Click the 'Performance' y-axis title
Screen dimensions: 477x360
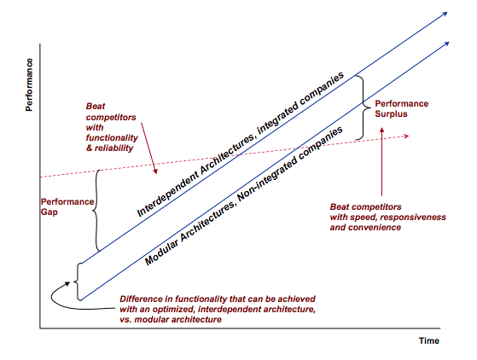coord(29,84)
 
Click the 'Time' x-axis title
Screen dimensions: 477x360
coord(429,341)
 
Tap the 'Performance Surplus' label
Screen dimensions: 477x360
coord(402,109)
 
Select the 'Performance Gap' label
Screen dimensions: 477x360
coord(67,206)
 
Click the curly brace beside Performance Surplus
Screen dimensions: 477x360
coord(363,107)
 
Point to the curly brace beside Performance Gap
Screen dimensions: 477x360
coord(96,211)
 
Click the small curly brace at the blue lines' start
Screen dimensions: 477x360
coord(77,282)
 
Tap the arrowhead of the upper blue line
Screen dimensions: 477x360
coord(445,14)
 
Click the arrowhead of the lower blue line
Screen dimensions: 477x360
coord(446,44)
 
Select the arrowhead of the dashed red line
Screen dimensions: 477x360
coord(405,136)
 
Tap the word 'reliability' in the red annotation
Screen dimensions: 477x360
coord(114,148)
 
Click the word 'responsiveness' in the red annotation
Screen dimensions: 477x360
coord(413,217)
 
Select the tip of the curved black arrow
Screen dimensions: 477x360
coord(70,282)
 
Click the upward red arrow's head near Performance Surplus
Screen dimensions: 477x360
coord(381,131)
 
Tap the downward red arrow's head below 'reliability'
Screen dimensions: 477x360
coord(155,171)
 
